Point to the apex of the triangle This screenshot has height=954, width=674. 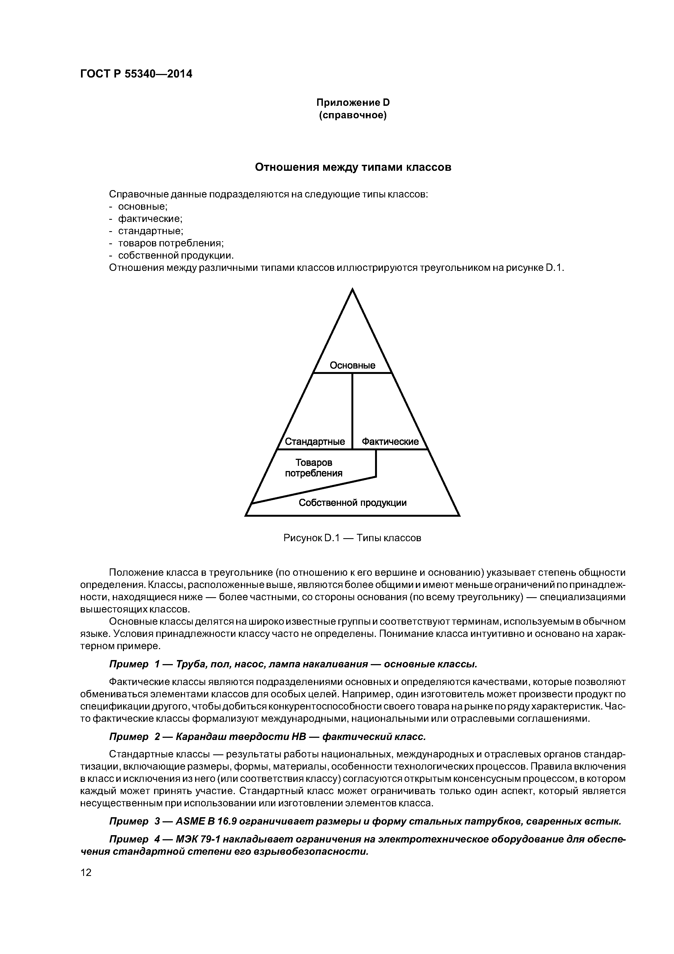tap(352, 290)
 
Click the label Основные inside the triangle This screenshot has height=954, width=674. tap(352, 365)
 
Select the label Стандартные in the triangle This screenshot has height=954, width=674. tap(315, 441)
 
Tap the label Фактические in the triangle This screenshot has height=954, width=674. tap(390, 441)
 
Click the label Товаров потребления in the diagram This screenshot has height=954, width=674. tap(314, 468)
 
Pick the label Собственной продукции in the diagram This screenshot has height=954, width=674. tap(352, 503)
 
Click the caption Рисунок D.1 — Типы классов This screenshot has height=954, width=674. tap(352, 538)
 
